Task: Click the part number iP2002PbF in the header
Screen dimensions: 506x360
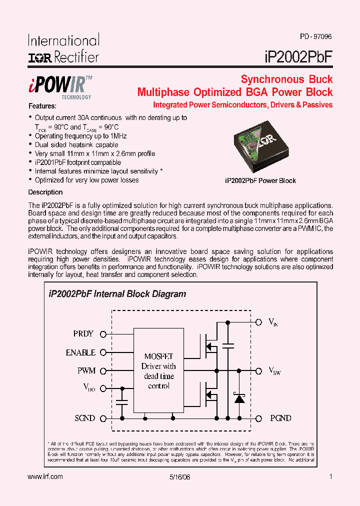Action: [x=297, y=56]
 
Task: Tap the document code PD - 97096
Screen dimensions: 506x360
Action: [x=316, y=36]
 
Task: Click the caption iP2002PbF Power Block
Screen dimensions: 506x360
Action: [x=260, y=180]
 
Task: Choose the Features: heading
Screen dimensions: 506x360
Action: [x=42, y=106]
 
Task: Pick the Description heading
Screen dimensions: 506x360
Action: [x=45, y=192]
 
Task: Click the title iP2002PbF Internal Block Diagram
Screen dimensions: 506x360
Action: [x=117, y=294]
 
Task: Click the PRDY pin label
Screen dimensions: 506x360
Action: [x=83, y=334]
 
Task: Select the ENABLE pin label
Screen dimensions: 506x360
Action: [x=80, y=352]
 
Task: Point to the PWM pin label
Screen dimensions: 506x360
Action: [x=86, y=370]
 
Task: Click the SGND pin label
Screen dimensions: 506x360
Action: [x=84, y=418]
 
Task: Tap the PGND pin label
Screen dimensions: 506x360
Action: [x=280, y=418]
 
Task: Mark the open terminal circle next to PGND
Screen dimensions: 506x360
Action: [x=259, y=418]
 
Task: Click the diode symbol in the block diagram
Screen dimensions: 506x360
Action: [x=239, y=398]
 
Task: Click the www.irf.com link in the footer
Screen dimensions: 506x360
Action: [x=45, y=477]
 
